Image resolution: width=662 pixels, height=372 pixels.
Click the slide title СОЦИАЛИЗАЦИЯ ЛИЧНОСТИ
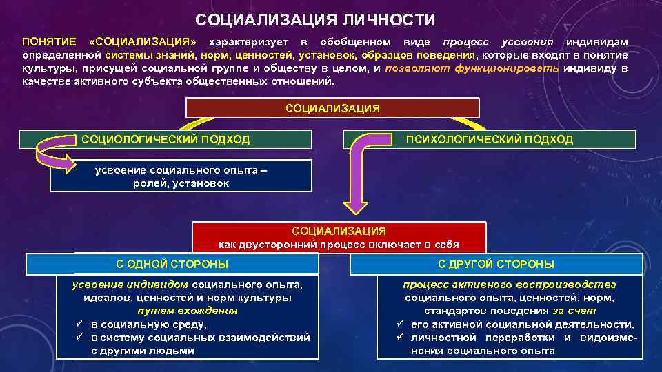[315, 19]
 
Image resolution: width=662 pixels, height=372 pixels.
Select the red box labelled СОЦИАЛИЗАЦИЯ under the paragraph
[332, 108]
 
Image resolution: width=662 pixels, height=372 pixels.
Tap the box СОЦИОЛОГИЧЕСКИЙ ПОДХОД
[165, 140]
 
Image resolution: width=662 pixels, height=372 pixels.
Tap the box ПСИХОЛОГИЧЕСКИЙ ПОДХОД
[489, 140]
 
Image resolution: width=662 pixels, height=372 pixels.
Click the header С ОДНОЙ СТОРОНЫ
[172, 264]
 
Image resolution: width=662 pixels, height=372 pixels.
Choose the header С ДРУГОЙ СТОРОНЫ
[496, 264]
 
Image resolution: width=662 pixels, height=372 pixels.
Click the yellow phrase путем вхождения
[188, 311]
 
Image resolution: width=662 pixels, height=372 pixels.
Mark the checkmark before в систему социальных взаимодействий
[80, 338]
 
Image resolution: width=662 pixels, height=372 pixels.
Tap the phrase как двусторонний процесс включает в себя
[339, 244]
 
